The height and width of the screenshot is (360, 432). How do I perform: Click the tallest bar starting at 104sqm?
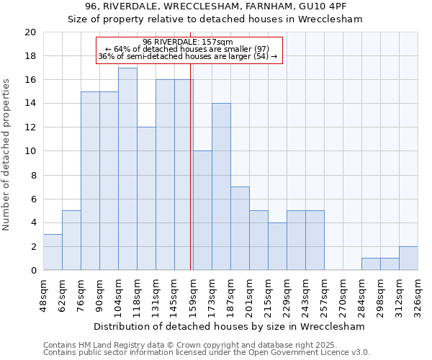point(127,169)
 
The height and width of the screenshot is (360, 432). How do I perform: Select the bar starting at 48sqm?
point(53,252)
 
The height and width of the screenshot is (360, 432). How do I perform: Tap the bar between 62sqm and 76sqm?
point(71,240)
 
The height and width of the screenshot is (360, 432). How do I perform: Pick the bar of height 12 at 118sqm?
point(146,199)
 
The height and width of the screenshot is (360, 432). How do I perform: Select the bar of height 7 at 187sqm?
point(240,228)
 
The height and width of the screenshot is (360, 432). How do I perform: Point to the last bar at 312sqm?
point(408,258)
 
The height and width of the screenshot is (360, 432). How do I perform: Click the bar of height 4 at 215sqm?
point(277,246)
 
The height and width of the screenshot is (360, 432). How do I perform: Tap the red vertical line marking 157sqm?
point(190,173)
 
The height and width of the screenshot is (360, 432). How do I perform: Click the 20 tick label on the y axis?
point(30,32)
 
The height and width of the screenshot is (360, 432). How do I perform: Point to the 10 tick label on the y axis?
point(30,151)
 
